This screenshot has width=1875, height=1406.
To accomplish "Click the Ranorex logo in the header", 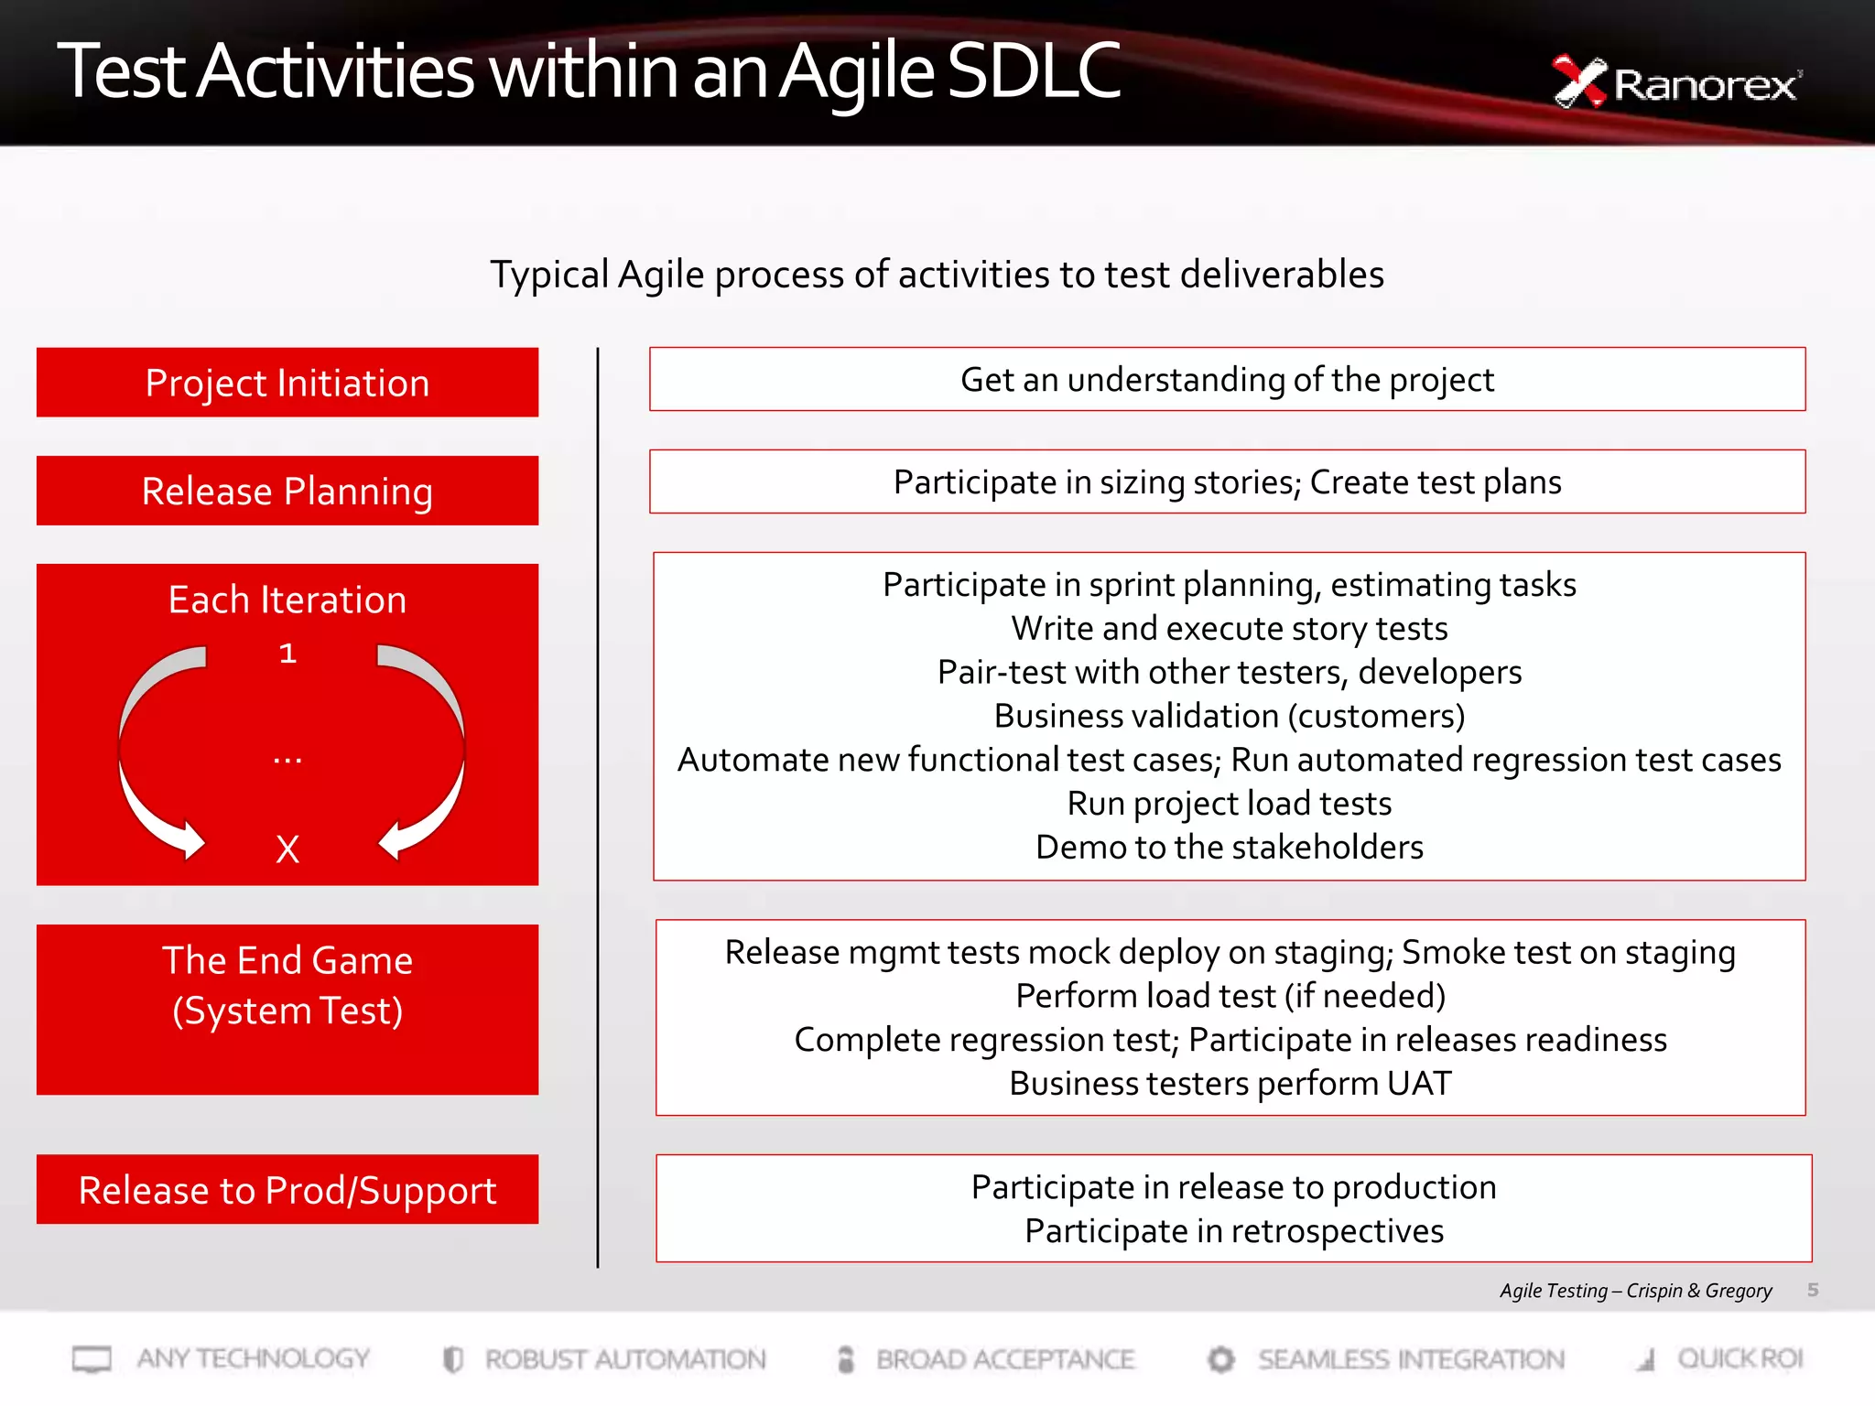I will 1675,83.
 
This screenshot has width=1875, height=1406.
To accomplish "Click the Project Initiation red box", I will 287,383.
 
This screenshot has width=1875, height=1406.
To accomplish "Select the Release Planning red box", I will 287,492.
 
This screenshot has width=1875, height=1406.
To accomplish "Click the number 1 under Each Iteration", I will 287,654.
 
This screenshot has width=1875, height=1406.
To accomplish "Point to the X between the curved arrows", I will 287,849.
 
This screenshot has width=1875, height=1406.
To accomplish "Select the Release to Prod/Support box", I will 287,1190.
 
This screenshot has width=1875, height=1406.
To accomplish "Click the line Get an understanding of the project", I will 1227,380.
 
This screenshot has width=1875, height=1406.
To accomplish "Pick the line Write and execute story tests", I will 1229,629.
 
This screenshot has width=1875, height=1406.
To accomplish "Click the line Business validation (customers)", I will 1229,716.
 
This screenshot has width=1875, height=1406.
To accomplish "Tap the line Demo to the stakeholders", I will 1229,848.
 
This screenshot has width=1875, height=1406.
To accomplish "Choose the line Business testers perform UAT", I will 1230,1084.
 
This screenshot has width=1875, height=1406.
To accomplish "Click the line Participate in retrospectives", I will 1233,1231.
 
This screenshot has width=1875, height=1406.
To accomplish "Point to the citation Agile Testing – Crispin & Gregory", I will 1635,1291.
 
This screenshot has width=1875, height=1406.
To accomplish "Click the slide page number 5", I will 1813,1290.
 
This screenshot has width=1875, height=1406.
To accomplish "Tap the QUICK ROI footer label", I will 1740,1359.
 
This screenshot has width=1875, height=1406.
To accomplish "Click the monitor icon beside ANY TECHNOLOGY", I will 92,1359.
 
